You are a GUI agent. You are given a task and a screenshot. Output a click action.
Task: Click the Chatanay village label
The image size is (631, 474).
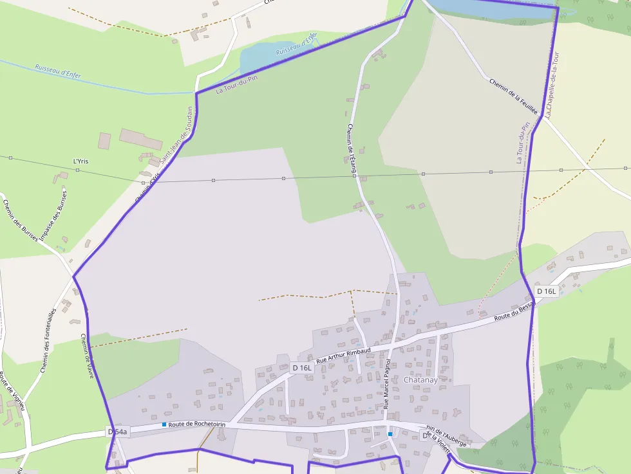tap(420, 380)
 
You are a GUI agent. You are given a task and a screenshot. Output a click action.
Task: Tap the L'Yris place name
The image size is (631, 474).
tap(80, 161)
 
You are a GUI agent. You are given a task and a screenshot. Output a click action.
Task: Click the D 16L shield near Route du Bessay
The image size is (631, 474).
tap(546, 291)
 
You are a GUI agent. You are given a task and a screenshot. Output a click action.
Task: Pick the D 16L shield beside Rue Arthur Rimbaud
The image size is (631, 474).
tap(301, 368)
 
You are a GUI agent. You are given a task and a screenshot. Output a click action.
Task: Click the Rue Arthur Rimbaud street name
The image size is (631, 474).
tap(344, 356)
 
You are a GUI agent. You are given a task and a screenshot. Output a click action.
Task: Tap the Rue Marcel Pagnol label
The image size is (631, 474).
tap(387, 385)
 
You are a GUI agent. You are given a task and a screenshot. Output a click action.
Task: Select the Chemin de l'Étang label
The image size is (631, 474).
tap(353, 149)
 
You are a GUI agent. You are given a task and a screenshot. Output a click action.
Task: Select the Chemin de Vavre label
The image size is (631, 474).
tap(87, 356)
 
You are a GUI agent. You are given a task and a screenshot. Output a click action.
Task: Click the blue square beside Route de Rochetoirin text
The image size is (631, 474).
tap(164, 424)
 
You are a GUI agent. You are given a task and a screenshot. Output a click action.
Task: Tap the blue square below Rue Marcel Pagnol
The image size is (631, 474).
tap(390, 434)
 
